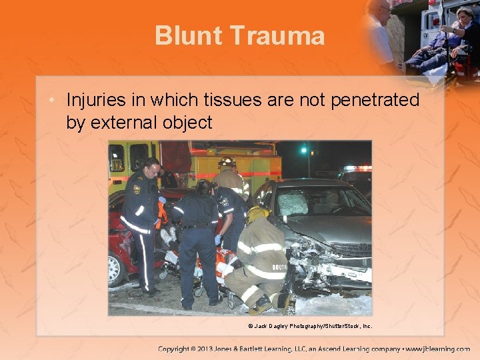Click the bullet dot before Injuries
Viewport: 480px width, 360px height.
57,101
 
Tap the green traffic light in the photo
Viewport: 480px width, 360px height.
305,151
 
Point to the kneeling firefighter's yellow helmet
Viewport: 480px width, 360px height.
257,213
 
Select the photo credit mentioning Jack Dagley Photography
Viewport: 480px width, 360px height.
310,326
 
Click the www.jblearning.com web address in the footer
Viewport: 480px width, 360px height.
441,349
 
